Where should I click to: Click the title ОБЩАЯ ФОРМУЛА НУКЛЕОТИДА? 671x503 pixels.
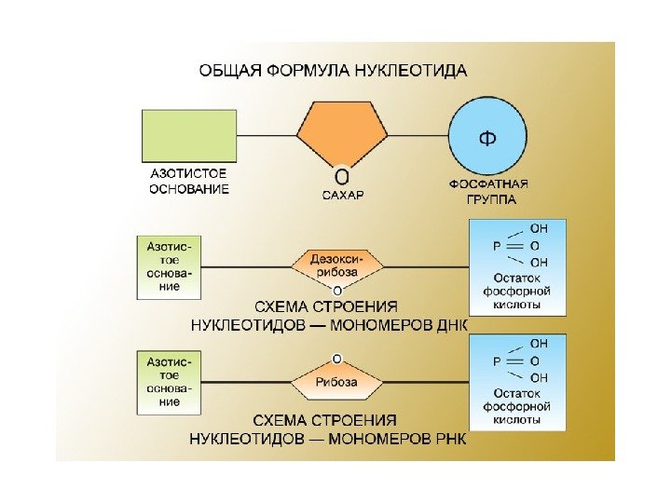point(332,71)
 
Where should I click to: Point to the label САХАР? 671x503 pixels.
point(342,196)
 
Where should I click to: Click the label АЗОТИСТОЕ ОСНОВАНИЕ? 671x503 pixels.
point(189,182)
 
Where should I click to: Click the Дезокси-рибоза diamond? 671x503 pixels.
point(337,265)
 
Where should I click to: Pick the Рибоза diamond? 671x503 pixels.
point(337,382)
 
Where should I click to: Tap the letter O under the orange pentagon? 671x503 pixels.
point(342,176)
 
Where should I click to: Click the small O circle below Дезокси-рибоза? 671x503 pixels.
point(337,291)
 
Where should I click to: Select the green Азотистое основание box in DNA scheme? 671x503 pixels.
point(171,266)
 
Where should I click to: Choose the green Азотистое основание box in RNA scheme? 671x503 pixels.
point(171,382)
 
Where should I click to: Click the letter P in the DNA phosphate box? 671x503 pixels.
point(497,245)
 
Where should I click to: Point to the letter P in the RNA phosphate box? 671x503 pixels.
point(497,360)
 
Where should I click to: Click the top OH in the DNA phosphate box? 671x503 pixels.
point(539,228)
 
